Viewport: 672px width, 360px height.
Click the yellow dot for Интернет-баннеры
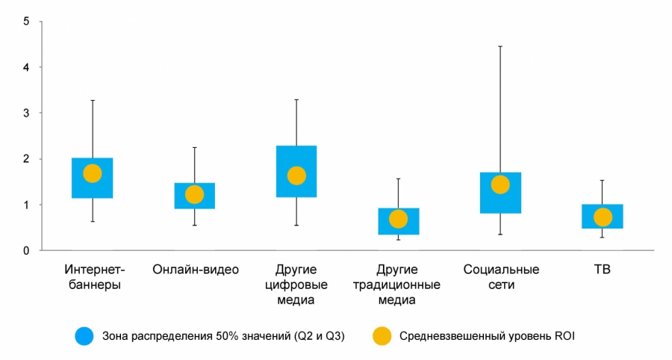click(x=93, y=173)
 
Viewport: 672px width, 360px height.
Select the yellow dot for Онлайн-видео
click(x=194, y=194)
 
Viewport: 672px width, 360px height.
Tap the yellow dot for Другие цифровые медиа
click(x=296, y=176)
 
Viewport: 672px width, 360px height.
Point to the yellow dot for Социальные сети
click(x=500, y=184)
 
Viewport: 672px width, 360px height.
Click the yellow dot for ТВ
click(x=603, y=217)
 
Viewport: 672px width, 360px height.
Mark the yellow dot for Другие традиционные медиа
click(x=399, y=219)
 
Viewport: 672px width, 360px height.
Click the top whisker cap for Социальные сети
click(x=500, y=46)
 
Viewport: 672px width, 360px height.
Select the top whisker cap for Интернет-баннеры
click(x=93, y=100)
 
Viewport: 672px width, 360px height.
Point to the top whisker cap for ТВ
click(x=603, y=180)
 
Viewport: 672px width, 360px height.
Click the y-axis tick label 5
click(x=26, y=21)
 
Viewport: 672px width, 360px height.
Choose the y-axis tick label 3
click(x=26, y=113)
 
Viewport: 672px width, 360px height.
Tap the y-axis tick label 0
click(x=26, y=250)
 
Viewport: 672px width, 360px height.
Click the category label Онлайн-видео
click(x=195, y=270)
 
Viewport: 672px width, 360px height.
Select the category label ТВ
click(x=603, y=270)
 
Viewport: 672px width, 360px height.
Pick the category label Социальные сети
click(x=500, y=277)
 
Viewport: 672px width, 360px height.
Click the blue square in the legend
click(x=84, y=336)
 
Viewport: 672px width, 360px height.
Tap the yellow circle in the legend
click(x=382, y=336)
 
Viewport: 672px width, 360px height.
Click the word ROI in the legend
click(x=564, y=336)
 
